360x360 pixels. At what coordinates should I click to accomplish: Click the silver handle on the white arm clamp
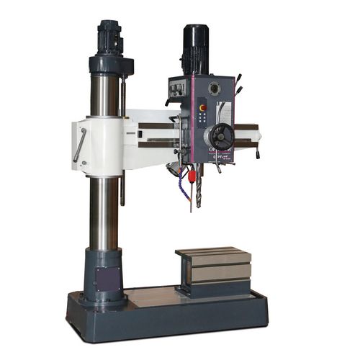[80, 145]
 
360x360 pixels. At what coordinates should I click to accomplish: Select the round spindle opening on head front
[213, 89]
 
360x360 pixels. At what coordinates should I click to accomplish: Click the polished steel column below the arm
[105, 212]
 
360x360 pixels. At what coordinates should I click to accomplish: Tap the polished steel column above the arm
[105, 94]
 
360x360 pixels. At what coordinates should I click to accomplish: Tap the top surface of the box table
[215, 254]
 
